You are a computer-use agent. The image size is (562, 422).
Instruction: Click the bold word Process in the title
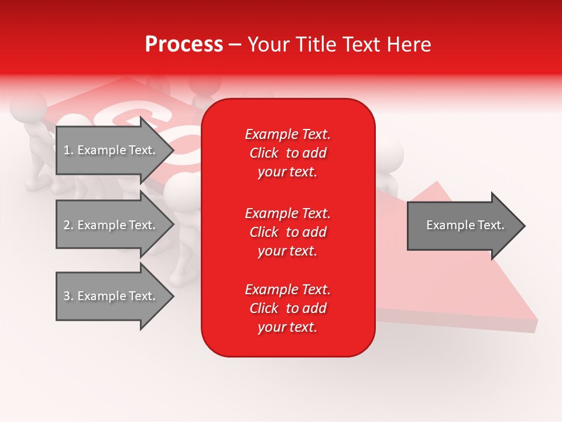(184, 45)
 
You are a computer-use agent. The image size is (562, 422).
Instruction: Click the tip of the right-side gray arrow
(524, 226)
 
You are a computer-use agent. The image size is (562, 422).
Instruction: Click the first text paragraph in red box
(287, 153)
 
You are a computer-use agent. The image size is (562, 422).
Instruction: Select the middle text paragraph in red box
(287, 232)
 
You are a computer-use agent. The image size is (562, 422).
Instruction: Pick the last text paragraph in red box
(287, 308)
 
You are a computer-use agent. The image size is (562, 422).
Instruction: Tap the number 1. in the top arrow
(68, 150)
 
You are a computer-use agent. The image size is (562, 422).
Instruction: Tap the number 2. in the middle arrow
(68, 225)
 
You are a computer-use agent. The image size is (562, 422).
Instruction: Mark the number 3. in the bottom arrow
(68, 296)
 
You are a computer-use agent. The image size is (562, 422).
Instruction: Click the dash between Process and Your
(235, 45)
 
